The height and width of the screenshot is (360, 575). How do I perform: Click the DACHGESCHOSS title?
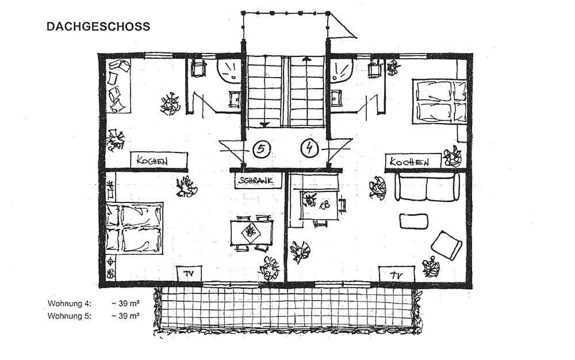[98, 26]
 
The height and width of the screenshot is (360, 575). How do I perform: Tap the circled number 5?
[261, 148]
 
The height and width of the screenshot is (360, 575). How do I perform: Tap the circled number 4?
[310, 148]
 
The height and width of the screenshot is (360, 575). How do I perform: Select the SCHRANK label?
[255, 181]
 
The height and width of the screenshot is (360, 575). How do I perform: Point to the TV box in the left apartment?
[189, 274]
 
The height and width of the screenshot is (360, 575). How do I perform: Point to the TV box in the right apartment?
[396, 274]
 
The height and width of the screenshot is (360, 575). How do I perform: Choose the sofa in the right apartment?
[427, 187]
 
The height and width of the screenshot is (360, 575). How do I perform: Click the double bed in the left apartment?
[134, 228]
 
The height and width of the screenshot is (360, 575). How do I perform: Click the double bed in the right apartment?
[440, 101]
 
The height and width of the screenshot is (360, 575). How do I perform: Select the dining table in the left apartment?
[252, 232]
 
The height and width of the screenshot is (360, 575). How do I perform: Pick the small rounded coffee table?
[413, 221]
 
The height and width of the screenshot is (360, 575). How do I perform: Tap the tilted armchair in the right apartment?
[446, 245]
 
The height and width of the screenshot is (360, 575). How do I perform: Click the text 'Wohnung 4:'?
[70, 304]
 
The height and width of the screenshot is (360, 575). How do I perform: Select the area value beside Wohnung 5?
[125, 315]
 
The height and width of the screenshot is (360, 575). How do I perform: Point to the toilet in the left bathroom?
[198, 68]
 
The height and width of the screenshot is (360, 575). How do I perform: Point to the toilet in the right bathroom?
[374, 68]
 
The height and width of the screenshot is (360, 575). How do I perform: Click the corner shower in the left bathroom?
[229, 70]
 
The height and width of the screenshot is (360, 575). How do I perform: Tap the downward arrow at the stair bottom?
[264, 125]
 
